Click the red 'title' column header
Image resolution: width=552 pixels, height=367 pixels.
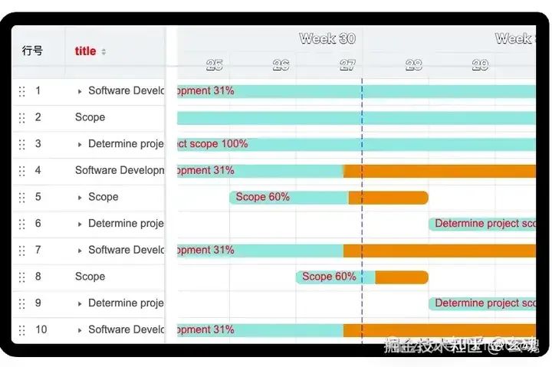point(85,51)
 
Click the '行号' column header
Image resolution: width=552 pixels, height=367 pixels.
point(32,51)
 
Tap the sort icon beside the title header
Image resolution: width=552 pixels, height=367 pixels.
point(104,52)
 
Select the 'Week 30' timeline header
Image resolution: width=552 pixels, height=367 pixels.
point(327,38)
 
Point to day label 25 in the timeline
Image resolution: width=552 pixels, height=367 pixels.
point(215,65)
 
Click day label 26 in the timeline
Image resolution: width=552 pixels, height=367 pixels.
point(281,65)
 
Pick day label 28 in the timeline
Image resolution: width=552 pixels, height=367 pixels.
point(414,65)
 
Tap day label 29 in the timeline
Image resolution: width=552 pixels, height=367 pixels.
point(480,65)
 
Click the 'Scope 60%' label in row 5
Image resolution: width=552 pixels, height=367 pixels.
point(263,197)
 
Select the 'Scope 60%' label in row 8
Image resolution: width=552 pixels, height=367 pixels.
point(329,277)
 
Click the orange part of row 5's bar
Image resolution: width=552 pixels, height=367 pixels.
point(388,198)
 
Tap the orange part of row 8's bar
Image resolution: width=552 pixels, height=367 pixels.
point(401,277)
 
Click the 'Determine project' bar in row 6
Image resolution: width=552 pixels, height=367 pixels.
point(483,224)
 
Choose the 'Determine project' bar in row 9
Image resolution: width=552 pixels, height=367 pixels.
point(483,303)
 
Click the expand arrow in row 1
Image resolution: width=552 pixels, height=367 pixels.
point(80,91)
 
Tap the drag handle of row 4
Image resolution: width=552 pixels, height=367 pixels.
point(21,171)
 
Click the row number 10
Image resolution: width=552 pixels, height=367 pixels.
point(41,329)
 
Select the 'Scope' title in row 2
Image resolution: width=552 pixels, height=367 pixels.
point(90,117)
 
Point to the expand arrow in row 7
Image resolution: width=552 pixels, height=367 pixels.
point(80,251)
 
